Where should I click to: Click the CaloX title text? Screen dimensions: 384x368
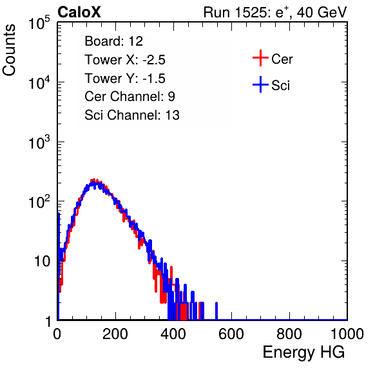coord(79,12)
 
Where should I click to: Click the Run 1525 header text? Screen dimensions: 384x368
coord(275,12)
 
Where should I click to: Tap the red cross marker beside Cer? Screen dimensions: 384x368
coord(260,58)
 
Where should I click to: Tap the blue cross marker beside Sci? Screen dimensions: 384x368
coord(260,84)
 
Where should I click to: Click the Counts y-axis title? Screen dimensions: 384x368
coord(9,50)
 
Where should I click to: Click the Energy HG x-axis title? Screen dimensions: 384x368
coord(303,353)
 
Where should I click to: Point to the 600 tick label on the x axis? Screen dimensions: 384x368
coord(231,334)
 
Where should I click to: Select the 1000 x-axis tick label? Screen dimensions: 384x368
coord(347,334)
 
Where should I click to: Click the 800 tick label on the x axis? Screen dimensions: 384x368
coord(289,334)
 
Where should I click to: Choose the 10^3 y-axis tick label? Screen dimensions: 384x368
coord(39,142)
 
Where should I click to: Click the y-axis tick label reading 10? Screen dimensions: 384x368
coord(42,261)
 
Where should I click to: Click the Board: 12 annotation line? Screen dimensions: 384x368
coord(113,41)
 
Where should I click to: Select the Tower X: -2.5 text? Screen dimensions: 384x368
coord(125,60)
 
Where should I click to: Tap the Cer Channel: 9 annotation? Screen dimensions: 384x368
coord(130,97)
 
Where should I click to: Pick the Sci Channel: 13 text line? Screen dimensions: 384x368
coord(132,115)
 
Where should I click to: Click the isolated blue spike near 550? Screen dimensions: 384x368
coord(216,311)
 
